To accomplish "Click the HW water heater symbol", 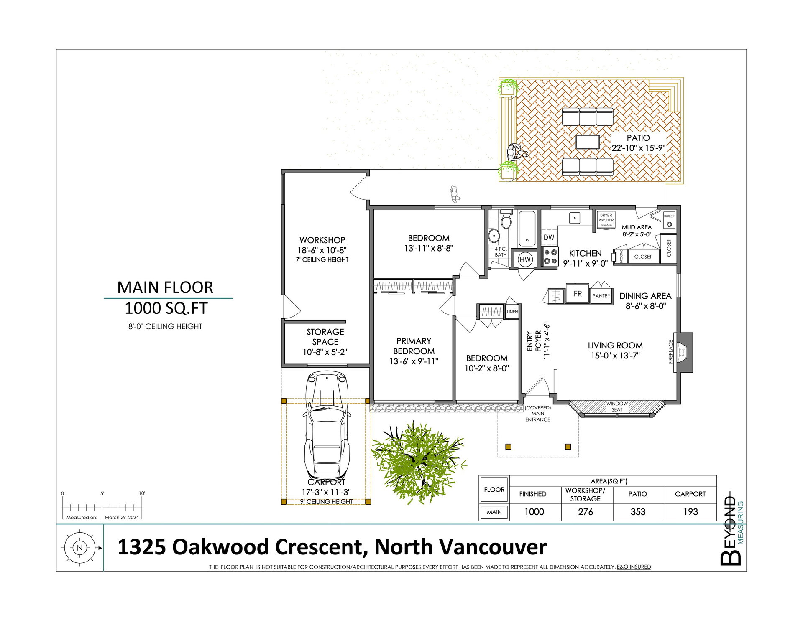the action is (525, 259).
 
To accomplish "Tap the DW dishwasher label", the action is (549, 237).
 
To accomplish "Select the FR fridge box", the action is (578, 294).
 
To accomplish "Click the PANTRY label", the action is (601, 296).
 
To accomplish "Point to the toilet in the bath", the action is (506, 219).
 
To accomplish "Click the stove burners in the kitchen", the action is (550, 257).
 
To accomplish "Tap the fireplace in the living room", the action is (683, 352).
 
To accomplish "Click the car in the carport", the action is (326, 426).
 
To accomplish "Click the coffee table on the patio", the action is (587, 142).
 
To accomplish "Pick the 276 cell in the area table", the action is (586, 512).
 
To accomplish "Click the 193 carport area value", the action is (690, 512).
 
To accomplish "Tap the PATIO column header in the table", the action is (638, 494).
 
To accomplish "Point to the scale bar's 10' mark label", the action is (142, 493).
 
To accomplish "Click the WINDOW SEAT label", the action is (617, 407).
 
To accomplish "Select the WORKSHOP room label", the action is (322, 240).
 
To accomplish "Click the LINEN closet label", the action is (512, 312).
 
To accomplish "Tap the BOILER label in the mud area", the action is (669, 216).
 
